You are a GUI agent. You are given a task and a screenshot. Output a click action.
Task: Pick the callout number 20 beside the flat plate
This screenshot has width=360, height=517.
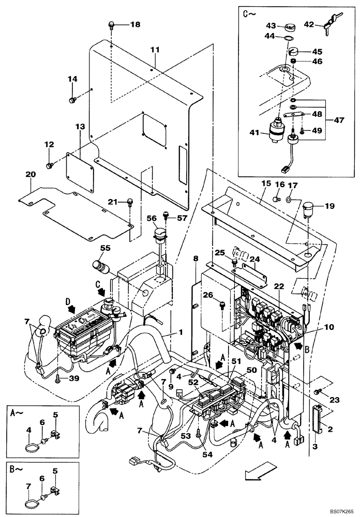[x=30, y=175]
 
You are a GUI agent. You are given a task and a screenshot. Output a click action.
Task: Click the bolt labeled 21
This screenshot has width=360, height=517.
[x=130, y=201]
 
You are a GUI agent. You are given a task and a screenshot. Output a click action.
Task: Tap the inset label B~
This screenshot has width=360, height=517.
[x=16, y=472]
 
